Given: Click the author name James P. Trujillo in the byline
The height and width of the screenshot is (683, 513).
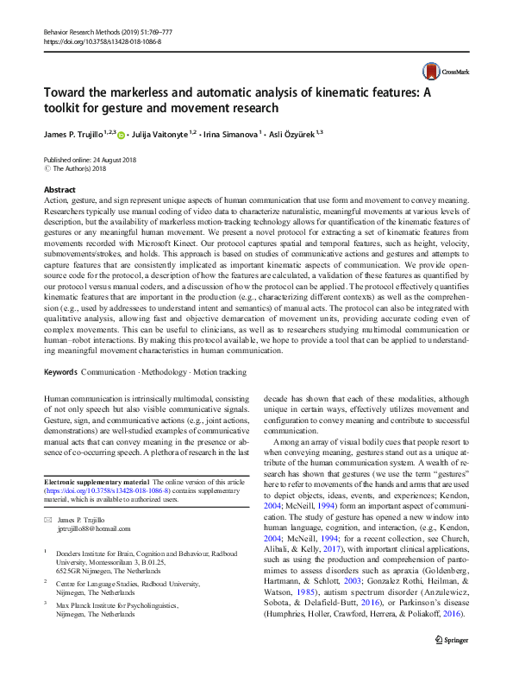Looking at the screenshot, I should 73,135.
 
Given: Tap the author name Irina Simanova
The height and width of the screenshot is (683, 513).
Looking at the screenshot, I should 235,135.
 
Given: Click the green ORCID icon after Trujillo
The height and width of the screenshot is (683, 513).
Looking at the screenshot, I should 122,135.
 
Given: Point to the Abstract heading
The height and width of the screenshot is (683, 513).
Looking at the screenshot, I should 59,189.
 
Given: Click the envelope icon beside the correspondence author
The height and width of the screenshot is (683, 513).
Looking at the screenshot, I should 47,521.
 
